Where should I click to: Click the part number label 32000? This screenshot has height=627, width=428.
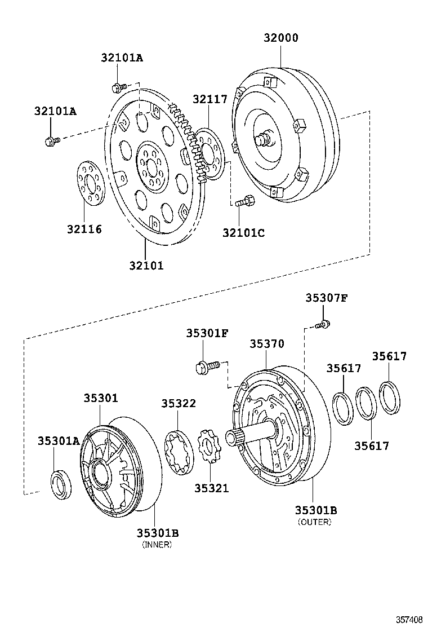(281, 38)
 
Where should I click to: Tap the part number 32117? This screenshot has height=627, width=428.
(209, 99)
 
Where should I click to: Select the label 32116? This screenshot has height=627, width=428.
(84, 229)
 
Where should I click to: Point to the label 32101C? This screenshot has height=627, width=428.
(243, 232)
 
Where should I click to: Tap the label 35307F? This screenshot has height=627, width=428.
(327, 298)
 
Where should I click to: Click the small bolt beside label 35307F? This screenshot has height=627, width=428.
(323, 324)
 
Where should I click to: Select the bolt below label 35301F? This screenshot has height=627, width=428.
(205, 367)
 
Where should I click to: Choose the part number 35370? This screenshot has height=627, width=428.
(267, 343)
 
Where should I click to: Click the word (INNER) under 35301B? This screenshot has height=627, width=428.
(157, 544)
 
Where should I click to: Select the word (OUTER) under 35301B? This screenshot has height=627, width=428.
(315, 522)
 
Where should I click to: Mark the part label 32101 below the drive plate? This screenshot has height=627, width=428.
(146, 265)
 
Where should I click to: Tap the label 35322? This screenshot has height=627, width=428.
(179, 403)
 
